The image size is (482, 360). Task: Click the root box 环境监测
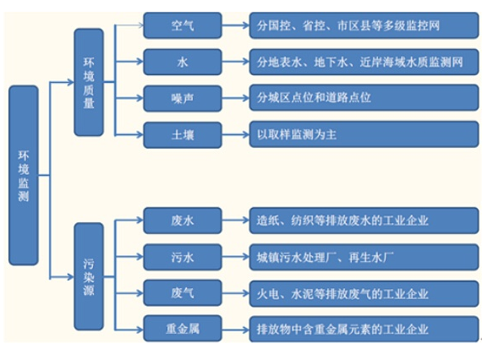24,176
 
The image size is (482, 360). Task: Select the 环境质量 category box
89,82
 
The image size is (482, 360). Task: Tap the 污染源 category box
89,276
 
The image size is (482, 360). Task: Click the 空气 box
183,25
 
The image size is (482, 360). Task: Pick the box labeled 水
183,62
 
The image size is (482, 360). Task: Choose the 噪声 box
183,99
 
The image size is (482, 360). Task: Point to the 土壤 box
183,135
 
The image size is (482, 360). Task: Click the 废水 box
183,221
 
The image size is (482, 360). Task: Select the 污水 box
183,257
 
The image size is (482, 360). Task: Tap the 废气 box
183,293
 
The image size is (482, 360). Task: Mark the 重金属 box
183,329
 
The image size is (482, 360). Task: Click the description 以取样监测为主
297,134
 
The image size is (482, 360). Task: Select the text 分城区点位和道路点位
314,98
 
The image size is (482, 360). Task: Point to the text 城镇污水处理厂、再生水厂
326,257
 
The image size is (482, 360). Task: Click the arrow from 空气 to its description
235,25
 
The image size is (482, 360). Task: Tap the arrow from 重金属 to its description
235,330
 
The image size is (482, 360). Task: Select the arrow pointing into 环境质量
62,82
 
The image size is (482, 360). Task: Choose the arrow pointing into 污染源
62,277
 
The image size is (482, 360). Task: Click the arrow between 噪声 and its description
235,99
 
